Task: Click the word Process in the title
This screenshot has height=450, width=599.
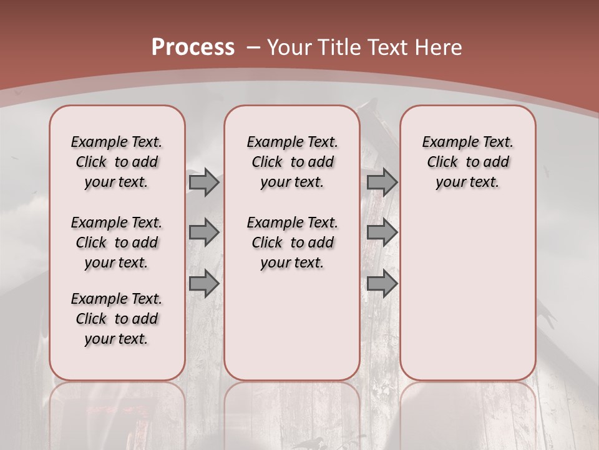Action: tap(193, 47)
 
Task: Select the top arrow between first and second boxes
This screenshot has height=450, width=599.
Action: tap(204, 182)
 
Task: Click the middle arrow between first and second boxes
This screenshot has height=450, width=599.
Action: tap(204, 233)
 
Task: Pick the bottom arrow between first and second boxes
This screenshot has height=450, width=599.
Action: tap(204, 284)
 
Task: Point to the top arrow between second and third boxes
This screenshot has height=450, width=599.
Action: tap(382, 182)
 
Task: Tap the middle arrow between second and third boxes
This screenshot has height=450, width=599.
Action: tap(382, 233)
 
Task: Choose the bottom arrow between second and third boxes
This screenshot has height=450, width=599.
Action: tap(382, 284)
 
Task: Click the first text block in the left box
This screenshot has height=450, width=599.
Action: tap(117, 162)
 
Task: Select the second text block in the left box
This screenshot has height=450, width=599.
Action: tap(117, 242)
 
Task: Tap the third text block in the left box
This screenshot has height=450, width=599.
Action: tap(117, 319)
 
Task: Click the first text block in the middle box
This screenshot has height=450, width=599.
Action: tap(292, 162)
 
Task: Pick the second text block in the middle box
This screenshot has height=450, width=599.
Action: tap(292, 242)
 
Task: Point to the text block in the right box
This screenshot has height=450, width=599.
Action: tap(467, 162)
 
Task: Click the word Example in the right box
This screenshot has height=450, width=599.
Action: tap(446, 142)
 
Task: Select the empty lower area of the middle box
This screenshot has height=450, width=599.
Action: tap(292, 325)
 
